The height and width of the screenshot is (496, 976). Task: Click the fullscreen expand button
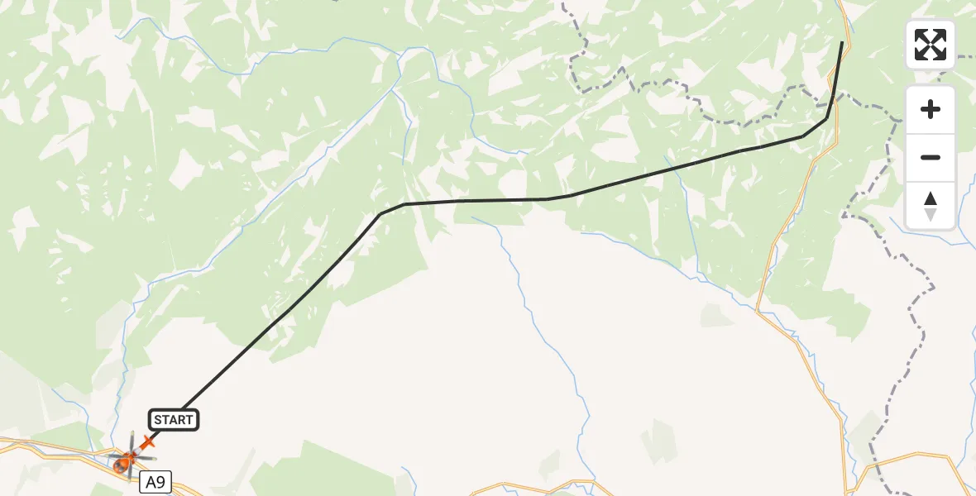[931, 45]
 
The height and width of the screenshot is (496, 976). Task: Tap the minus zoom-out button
[931, 157]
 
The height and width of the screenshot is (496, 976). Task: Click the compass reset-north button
[931, 206]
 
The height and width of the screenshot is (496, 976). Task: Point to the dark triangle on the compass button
[931, 198]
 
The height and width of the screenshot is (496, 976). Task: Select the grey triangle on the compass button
[931, 214]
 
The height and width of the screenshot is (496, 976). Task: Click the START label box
[173, 420]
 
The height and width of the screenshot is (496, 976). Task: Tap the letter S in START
[158, 420]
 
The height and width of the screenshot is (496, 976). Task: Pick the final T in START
[189, 420]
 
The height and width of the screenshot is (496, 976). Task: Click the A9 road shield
[155, 482]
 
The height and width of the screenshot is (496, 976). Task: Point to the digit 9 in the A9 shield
[160, 482]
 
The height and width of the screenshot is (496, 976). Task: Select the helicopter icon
[130, 455]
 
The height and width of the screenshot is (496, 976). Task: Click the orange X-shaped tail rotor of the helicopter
[148, 442]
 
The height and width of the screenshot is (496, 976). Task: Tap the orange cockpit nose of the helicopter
[121, 466]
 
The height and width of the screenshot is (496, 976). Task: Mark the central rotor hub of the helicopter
[131, 455]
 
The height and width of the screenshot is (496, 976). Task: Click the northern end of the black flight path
[842, 42]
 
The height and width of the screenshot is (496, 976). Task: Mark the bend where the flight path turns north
[825, 119]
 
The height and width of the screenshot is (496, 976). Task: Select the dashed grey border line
[910, 314]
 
